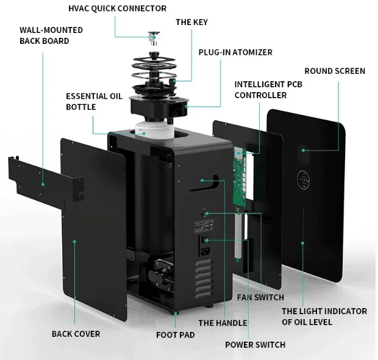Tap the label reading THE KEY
(x=191, y=22)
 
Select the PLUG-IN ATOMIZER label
(x=235, y=52)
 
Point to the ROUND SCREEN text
(x=335, y=71)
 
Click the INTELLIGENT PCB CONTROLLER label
(x=268, y=90)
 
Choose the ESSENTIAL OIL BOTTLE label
(x=94, y=101)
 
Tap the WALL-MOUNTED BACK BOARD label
(x=51, y=35)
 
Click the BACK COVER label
(x=76, y=334)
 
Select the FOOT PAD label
(x=175, y=334)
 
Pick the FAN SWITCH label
(x=260, y=297)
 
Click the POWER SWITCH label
(x=255, y=345)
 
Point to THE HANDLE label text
(x=223, y=323)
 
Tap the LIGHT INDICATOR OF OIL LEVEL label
(x=324, y=316)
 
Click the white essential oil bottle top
(x=154, y=131)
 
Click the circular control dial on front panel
(x=304, y=179)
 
